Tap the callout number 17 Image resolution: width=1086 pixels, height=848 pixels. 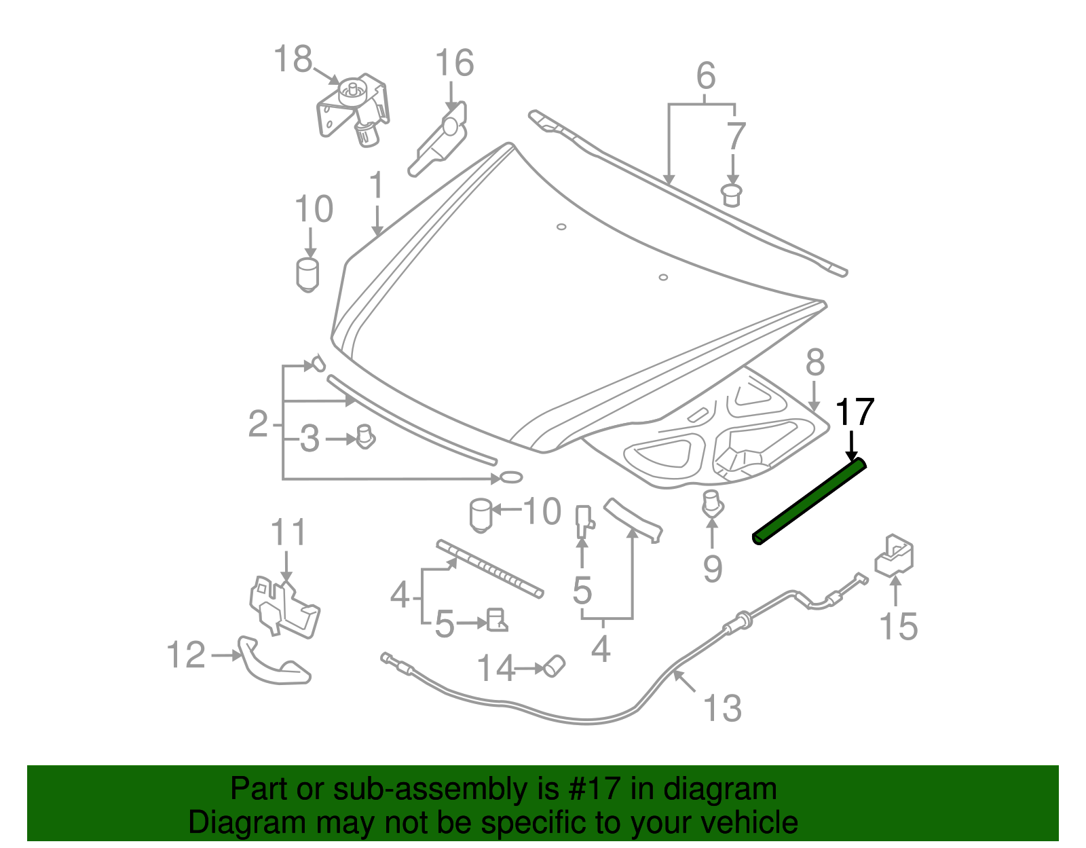854,412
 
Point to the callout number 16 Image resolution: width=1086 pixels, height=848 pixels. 453,63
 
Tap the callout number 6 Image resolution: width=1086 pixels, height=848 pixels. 706,75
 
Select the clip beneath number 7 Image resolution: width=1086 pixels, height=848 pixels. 731,195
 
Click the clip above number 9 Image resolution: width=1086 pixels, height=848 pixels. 711,502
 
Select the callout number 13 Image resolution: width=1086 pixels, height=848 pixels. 722,708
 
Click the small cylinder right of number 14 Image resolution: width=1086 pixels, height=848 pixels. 555,665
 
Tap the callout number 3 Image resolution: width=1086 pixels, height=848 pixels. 310,439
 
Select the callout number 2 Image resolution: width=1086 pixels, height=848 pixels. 258,424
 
